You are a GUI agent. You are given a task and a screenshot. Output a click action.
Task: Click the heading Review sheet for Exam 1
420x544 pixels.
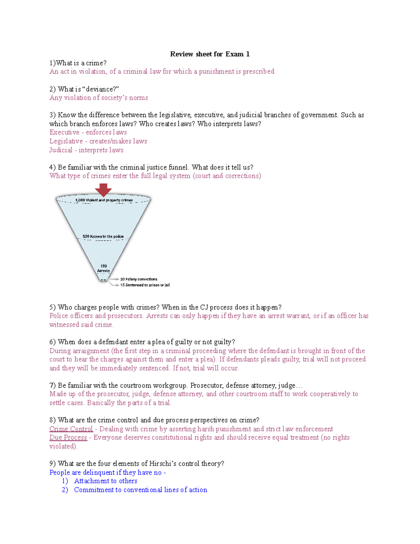(x=210, y=54)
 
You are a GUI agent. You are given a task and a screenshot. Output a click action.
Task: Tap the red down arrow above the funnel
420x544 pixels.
(x=103, y=190)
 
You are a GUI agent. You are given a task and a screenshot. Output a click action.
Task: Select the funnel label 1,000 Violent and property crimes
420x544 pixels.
(x=104, y=200)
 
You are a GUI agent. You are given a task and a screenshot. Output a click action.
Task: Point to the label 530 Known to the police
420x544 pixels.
(x=103, y=236)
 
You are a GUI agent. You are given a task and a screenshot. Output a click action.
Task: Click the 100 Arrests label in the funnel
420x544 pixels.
(x=104, y=268)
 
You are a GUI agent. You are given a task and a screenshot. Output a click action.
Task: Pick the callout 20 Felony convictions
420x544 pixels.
(x=139, y=279)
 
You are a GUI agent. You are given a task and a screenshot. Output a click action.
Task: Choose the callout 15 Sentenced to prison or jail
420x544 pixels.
(x=145, y=285)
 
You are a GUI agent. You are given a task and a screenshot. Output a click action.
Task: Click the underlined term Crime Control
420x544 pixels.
(x=71, y=429)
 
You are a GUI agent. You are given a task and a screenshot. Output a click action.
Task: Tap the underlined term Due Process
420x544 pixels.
(x=68, y=438)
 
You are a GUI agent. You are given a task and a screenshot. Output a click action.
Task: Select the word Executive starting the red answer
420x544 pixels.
(x=64, y=132)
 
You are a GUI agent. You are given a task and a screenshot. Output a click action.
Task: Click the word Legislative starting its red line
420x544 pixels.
(x=66, y=141)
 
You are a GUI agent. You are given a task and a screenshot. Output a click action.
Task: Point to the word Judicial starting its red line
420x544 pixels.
(x=61, y=150)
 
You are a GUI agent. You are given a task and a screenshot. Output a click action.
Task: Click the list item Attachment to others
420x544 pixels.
(x=105, y=481)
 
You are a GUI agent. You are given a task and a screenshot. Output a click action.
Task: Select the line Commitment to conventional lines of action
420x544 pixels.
(x=140, y=490)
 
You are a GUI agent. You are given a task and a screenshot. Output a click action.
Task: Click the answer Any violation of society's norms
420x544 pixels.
(x=99, y=98)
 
